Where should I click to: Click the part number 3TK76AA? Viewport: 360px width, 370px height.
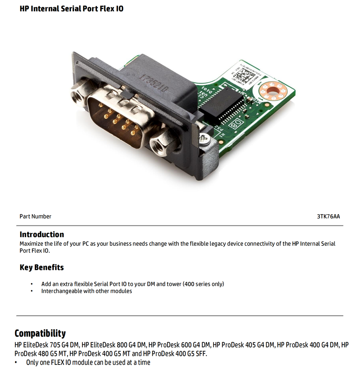pos(328,216)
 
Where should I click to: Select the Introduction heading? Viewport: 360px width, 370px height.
pos(42,234)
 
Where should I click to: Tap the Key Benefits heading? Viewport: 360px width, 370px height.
pos(42,267)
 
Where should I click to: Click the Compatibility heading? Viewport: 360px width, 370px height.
pos(40,333)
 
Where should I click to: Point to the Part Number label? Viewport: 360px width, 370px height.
pos(35,216)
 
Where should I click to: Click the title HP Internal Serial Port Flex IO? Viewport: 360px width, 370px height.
pos(71,9)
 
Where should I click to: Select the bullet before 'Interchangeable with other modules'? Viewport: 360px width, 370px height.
pos(31,291)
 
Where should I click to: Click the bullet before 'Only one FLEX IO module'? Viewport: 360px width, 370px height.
pos(16,363)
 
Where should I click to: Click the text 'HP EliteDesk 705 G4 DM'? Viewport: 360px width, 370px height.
pos(47,345)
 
